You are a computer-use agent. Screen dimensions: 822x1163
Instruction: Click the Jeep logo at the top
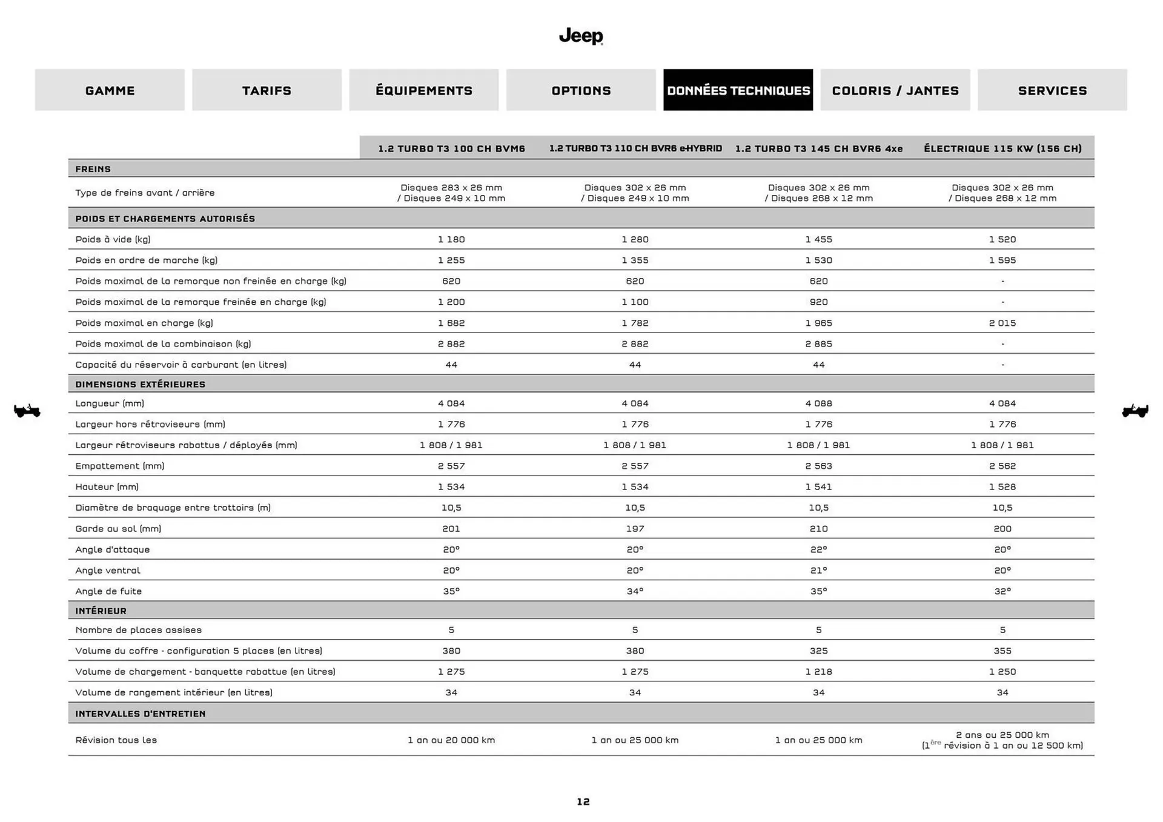pos(581,36)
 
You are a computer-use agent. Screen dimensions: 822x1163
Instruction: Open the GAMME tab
pos(110,90)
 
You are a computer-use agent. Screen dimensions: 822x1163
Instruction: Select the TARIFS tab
pos(267,90)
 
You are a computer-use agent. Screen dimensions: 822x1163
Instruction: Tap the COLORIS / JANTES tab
pos(895,90)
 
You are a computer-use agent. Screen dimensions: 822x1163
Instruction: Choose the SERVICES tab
pos(1052,90)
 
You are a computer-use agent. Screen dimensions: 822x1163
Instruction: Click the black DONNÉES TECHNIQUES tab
pos(738,90)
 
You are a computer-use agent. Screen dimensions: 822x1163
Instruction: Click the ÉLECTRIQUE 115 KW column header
pos(1002,148)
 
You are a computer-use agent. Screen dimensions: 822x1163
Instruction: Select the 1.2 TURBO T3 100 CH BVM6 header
pos(451,148)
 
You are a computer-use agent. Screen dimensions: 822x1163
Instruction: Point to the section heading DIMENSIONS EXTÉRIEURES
pos(140,384)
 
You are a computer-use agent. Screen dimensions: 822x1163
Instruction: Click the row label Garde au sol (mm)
pos(118,528)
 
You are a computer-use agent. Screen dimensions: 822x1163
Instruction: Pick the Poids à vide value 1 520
pos(1002,239)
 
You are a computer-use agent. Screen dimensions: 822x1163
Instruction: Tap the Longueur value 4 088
pos(818,403)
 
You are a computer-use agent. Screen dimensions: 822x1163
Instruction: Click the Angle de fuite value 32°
pos(1002,591)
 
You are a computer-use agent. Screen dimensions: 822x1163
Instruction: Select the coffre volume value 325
pos(818,651)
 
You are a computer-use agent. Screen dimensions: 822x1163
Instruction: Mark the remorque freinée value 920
pos(818,302)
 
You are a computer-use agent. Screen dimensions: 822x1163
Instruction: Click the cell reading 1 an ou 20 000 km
pos(451,740)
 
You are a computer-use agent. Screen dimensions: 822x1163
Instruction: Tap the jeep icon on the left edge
pos(27,411)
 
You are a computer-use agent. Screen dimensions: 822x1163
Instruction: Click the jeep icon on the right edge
pos(1135,411)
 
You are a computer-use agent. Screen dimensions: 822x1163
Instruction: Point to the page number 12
pos(583,801)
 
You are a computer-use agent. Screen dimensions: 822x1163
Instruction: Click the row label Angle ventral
pos(107,570)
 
